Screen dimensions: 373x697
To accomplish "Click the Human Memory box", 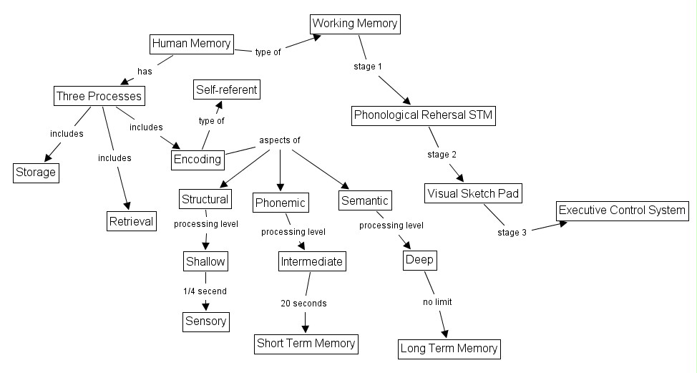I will (192, 44).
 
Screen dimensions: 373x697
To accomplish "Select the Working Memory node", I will (355, 24).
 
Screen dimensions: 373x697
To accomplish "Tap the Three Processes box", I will (99, 96).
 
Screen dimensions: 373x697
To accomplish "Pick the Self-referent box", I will (226, 89).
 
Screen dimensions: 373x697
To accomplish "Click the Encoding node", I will (198, 159).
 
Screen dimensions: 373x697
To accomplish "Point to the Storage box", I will (36, 172).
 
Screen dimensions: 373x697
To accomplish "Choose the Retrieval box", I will (132, 221).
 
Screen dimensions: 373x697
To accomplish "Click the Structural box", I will (205, 199).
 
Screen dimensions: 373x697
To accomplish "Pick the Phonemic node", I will (281, 203).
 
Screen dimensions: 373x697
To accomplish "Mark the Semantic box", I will (365, 201).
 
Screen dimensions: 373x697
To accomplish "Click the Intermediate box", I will (311, 261).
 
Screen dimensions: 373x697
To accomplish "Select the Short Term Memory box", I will (306, 343).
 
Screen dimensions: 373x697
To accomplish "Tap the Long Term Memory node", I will (449, 349).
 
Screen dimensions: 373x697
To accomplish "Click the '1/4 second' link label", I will (205, 291).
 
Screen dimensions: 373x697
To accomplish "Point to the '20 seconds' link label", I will (303, 304).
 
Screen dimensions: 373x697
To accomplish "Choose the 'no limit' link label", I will (437, 302).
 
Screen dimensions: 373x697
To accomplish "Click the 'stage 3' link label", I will (512, 233).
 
